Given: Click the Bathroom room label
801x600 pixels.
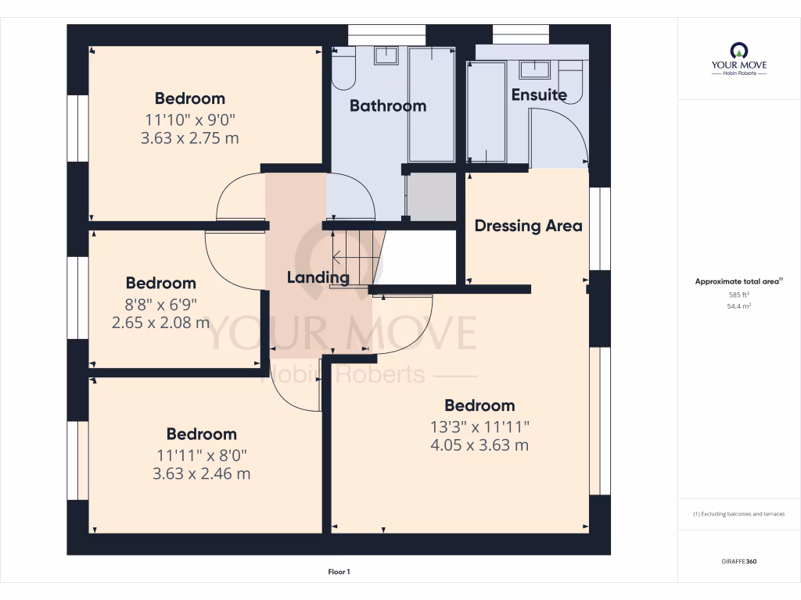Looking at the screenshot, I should [387, 105].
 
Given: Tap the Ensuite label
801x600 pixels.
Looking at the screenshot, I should [539, 95].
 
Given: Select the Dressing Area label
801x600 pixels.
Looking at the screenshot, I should [528, 226].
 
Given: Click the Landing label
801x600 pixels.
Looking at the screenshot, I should [318, 277].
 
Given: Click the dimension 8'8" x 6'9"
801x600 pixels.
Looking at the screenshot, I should [161, 303].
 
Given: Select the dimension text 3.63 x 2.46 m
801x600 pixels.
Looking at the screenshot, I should [202, 473].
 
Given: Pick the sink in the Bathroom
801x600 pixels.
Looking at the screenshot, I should [386, 55].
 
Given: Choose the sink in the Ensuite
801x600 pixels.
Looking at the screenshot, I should [535, 70].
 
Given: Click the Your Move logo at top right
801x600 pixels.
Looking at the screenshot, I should [738, 59].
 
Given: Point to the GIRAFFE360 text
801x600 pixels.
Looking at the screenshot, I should [738, 562].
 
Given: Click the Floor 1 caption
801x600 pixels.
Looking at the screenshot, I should [339, 573].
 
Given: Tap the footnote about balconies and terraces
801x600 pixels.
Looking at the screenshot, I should [738, 514].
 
